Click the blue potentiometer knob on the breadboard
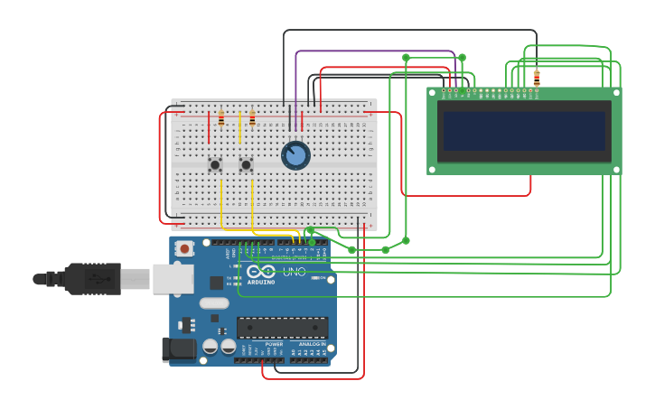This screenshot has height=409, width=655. [x=295, y=155]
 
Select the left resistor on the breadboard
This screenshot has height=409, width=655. [x=221, y=118]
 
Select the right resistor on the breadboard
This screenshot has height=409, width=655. [x=252, y=118]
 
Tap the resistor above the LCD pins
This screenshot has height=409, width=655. [x=537, y=78]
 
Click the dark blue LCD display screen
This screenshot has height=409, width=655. [x=524, y=131]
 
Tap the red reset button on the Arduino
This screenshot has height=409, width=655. [x=184, y=248]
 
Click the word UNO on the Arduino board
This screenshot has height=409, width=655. [x=295, y=272]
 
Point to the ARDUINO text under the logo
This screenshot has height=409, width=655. [x=261, y=282]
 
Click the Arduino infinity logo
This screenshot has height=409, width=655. [x=261, y=271]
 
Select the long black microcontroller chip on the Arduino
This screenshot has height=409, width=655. [x=282, y=328]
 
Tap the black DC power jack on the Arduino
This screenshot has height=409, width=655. [x=178, y=349]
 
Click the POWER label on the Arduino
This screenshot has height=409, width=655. [x=274, y=344]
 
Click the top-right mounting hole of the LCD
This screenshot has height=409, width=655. [x=617, y=92]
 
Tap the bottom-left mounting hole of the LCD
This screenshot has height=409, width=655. [x=432, y=169]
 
